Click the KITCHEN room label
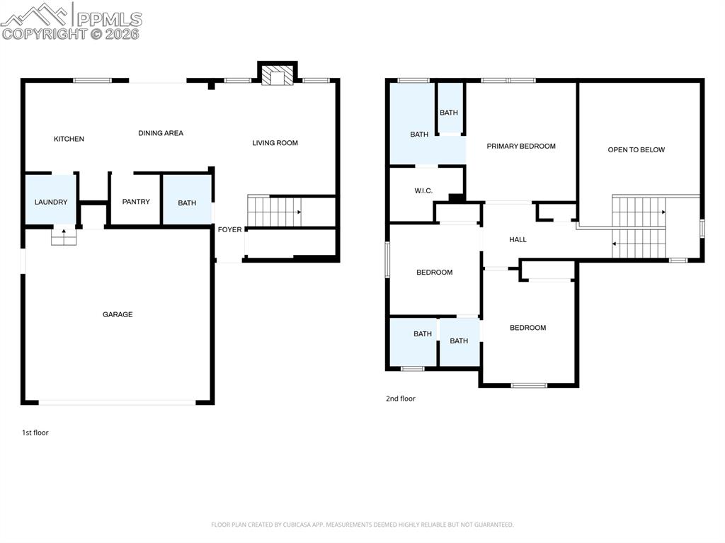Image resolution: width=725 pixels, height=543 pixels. [69, 139]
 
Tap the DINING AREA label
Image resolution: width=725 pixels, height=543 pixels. [161, 133]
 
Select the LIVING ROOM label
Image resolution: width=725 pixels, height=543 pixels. [275, 143]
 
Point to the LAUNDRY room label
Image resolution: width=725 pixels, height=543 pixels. [51, 202]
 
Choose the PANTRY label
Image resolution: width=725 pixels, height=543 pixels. [136, 202]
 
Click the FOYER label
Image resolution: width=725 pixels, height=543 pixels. [229, 229]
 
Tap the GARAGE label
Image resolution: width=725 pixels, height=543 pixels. [118, 314]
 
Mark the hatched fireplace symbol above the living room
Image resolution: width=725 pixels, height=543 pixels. [277, 74]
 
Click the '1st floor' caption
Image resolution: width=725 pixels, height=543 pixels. [35, 433]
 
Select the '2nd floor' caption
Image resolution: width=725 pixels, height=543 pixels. [401, 399]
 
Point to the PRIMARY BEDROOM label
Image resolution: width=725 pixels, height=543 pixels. [521, 146]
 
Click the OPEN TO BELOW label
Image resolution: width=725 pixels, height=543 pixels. [636, 149]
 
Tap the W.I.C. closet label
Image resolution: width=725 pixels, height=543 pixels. [423, 191]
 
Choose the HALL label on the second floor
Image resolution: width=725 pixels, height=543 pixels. [518, 239]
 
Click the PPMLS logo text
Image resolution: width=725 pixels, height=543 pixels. [109, 19]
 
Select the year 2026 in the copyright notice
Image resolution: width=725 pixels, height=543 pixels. [122, 33]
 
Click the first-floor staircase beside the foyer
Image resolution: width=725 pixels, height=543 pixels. [275, 211]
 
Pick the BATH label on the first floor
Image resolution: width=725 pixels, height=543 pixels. [187, 203]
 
